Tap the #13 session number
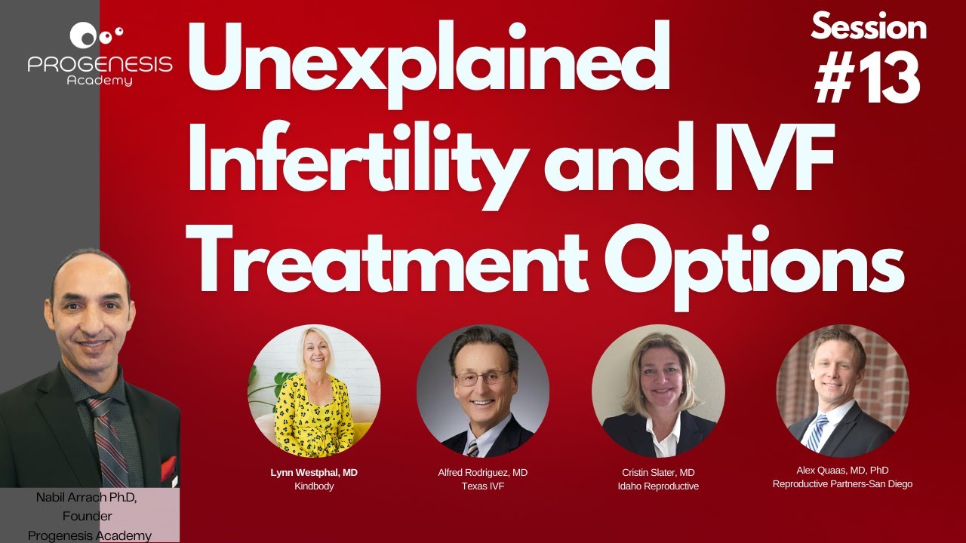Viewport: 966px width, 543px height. [x=867, y=78]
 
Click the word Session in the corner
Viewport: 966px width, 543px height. [x=869, y=28]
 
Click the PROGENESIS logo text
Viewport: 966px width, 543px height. [x=100, y=65]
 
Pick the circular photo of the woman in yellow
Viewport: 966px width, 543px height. [x=314, y=391]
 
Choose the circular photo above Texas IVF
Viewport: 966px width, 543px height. [x=483, y=391]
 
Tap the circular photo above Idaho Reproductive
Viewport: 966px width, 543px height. [x=658, y=391]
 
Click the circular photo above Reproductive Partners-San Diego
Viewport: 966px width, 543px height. [x=842, y=391]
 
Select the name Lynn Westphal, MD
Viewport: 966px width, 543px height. [x=314, y=473]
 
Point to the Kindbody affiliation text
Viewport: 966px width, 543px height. [x=314, y=487]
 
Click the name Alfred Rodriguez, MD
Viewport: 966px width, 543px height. [x=483, y=473]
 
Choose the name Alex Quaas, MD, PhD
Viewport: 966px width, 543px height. [x=842, y=471]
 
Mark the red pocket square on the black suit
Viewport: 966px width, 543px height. [x=168, y=468]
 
